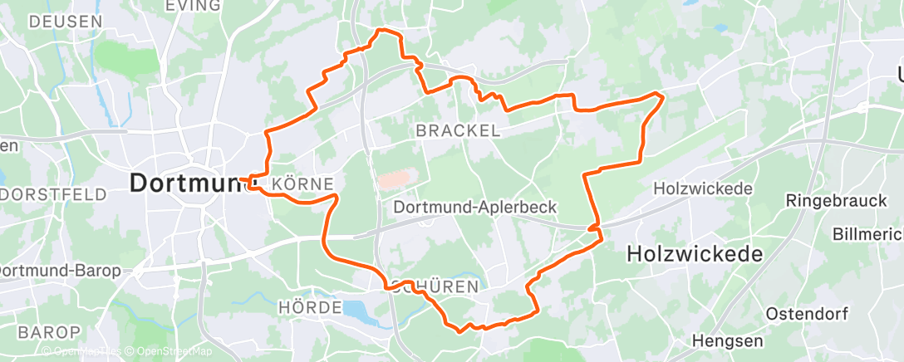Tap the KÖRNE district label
click(302, 183)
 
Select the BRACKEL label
click(458, 130)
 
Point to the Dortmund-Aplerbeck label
click(474, 207)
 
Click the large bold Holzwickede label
click(695, 254)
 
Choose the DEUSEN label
click(66, 22)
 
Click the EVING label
click(194, 6)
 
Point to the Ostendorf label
click(804, 314)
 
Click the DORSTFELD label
click(54, 194)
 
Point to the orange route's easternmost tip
click(663, 96)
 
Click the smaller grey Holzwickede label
click(703, 188)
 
